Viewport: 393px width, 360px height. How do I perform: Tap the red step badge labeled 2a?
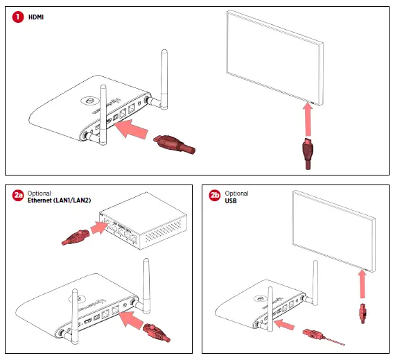click(17, 196)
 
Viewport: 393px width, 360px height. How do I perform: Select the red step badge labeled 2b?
click(215, 196)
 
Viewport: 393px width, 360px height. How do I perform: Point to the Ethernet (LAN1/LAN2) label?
click(60, 200)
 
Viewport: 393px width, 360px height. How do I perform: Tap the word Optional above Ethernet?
click(40, 192)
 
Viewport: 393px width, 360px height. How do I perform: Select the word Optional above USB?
click(237, 192)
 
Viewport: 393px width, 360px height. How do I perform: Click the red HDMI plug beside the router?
click(173, 144)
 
